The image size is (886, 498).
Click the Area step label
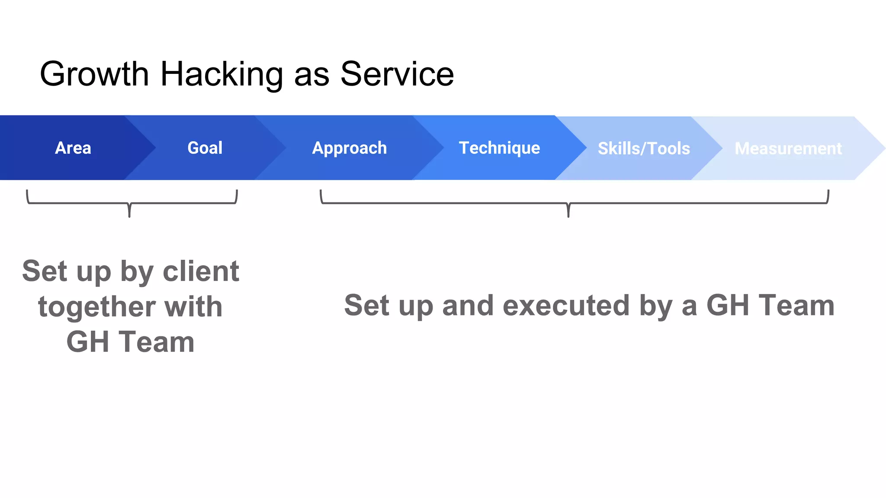pos(73,148)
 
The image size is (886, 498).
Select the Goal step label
pos(205,148)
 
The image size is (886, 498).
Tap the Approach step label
pos(350,148)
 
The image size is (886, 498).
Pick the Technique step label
pos(499,148)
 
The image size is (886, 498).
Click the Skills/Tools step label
pos(644,148)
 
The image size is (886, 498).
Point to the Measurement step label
pos(788,148)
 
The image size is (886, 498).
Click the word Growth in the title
pos(94,74)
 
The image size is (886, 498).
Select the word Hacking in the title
pos(221,74)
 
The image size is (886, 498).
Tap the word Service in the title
pos(397,74)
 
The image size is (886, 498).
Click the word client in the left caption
pos(201,271)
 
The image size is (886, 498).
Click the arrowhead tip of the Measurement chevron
pos(884,148)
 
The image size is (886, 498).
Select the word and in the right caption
pos(468,305)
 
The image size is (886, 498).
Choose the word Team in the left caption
pos(157,342)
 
